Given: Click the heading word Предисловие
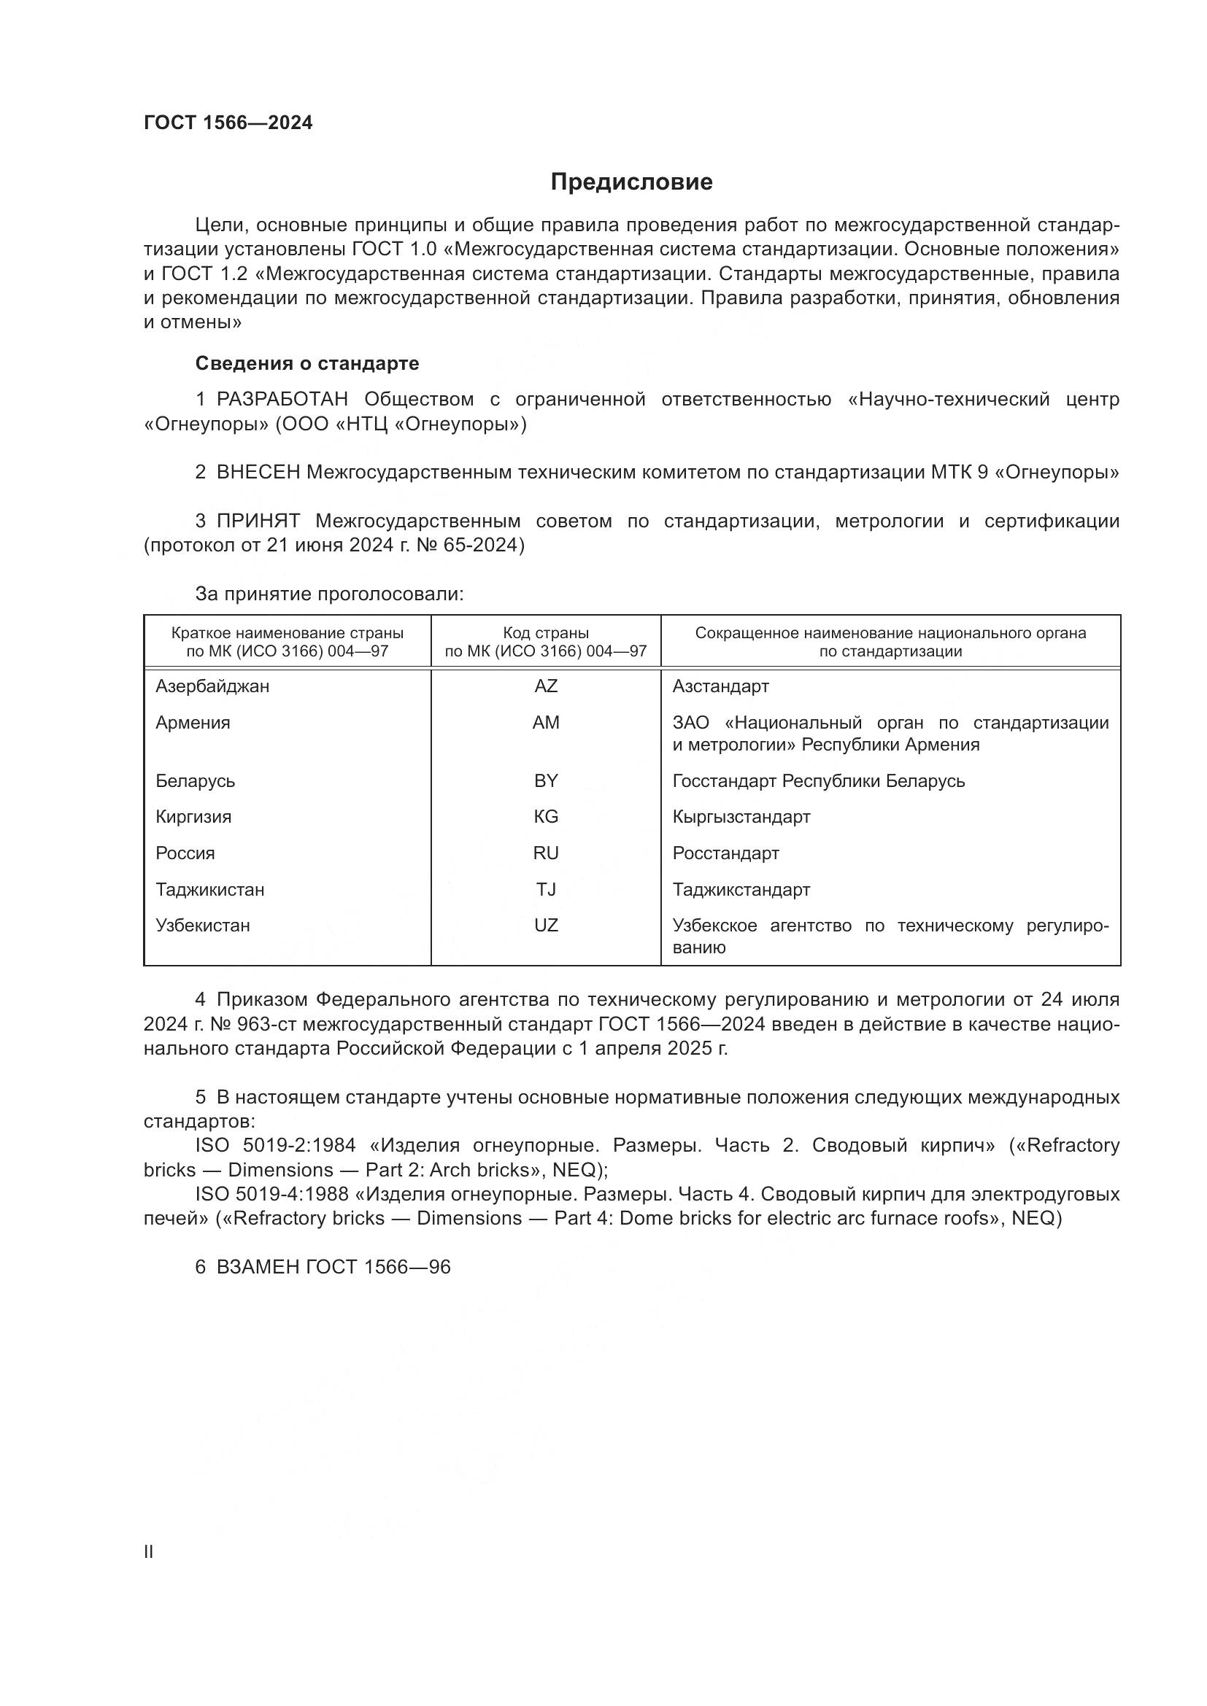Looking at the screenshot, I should [x=631, y=182].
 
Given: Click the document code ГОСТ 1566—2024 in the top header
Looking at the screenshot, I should [x=228, y=123].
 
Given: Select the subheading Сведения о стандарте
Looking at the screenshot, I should [x=307, y=363].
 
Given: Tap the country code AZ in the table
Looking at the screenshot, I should [x=546, y=686].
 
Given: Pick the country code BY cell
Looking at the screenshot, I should [x=546, y=781].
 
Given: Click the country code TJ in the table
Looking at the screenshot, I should [x=546, y=889].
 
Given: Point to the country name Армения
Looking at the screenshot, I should [x=193, y=723].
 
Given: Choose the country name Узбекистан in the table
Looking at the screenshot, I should [x=202, y=926].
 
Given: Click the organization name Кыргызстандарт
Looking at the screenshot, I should [x=741, y=818].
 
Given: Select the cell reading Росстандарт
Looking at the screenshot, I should [x=725, y=854].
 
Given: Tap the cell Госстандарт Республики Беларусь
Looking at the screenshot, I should [x=818, y=781].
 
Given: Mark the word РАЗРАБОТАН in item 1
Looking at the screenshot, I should [x=282, y=400].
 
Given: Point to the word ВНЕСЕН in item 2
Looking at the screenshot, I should [x=258, y=473].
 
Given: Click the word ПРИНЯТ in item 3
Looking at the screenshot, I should [x=258, y=522].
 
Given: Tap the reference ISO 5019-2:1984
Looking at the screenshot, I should [x=275, y=1146].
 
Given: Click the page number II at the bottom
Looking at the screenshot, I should [x=149, y=1552].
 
